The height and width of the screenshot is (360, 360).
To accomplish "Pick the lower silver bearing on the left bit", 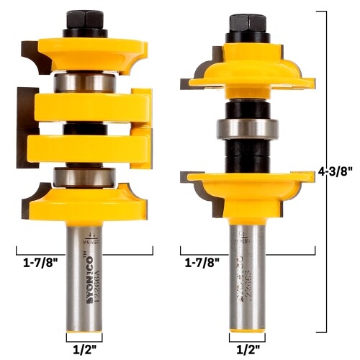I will [x=84, y=177].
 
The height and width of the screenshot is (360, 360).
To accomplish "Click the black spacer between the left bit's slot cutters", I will [x=84, y=127].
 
